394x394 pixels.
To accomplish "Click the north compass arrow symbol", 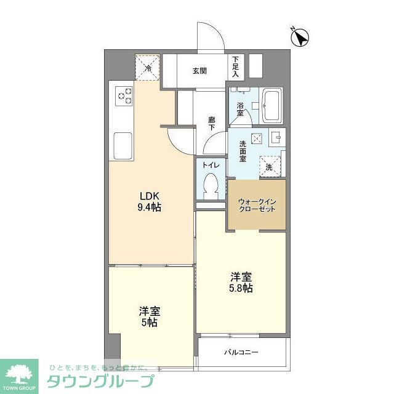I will [x=300, y=38].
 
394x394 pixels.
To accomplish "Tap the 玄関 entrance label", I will [x=199, y=71].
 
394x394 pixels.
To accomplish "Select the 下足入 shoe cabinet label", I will [x=236, y=66].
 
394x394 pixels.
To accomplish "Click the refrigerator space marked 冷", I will [x=148, y=67].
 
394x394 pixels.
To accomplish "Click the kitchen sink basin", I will [x=123, y=145].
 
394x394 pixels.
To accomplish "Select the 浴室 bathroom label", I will [x=240, y=109].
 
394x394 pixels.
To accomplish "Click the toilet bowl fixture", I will [x=211, y=185].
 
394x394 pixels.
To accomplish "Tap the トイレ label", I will [x=211, y=165].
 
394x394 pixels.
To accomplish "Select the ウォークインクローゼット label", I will [x=257, y=204].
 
